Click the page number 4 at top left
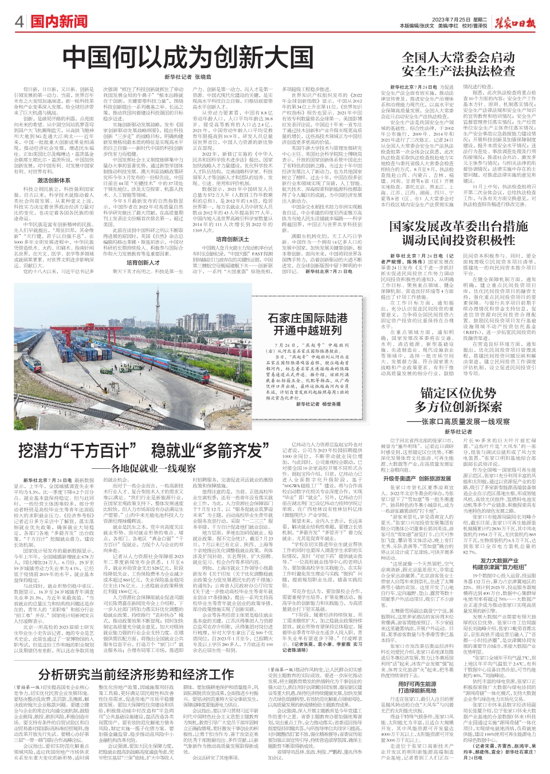click(19, 22)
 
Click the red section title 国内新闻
click(60, 22)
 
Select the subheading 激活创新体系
click(54, 181)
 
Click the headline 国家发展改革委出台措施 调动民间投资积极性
click(458, 232)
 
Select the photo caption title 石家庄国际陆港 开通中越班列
click(308, 323)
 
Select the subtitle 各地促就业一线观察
click(151, 468)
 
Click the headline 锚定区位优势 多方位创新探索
click(458, 400)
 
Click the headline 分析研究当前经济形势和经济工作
click(136, 674)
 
